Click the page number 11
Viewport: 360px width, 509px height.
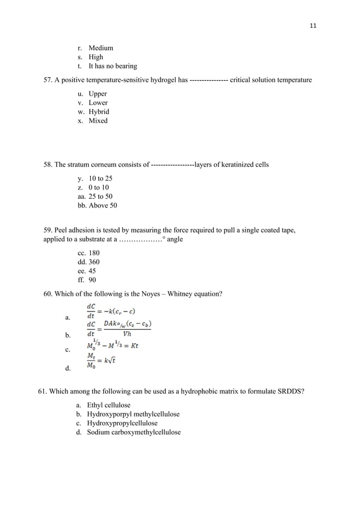pos(313,26)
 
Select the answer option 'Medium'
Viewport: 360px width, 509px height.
pos(100,48)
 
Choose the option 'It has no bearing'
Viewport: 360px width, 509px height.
pos(112,66)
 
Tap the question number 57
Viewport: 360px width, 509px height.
pos(48,80)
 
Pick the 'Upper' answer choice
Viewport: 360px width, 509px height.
pos(98,94)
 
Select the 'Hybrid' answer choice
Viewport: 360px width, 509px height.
pos(99,112)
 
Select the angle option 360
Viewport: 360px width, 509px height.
pos(94,262)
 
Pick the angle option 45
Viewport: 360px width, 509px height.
pos(92,271)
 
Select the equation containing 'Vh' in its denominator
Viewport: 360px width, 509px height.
pos(118,328)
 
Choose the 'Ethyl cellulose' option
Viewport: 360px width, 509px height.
pos(108,405)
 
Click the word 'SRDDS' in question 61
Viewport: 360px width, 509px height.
pos(293,392)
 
